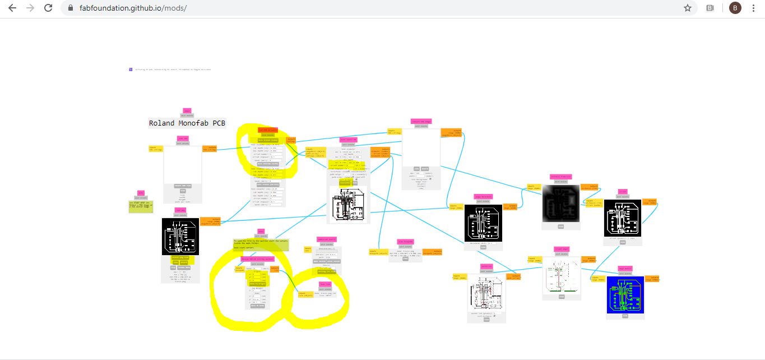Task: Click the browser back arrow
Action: (x=12, y=8)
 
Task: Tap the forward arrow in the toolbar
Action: (x=30, y=8)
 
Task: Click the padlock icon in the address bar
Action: (x=71, y=8)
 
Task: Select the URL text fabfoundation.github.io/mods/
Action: (x=133, y=8)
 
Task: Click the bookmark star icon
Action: (x=688, y=8)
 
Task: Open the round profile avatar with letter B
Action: (x=735, y=8)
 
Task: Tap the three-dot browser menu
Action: (x=754, y=8)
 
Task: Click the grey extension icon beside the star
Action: (x=710, y=8)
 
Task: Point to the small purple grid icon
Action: (x=131, y=70)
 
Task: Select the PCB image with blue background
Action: (x=625, y=294)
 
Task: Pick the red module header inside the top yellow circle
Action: (x=268, y=130)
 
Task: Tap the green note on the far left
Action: (x=140, y=206)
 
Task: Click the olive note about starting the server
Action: (x=261, y=244)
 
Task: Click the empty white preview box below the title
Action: (x=183, y=165)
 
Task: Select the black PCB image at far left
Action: (x=180, y=237)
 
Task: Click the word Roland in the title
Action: (x=162, y=123)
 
